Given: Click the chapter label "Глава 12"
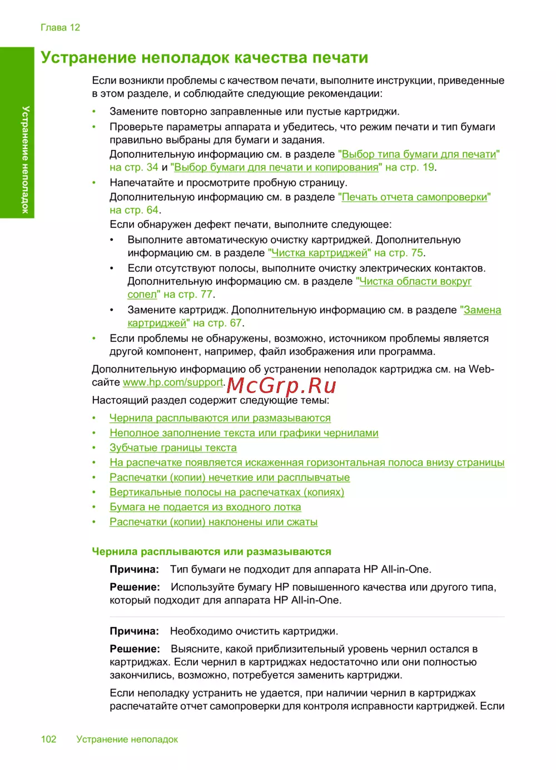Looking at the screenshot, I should coord(60,28).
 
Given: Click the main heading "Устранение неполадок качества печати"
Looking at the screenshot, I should coord(204,58).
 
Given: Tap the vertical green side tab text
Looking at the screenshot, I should coord(25,160).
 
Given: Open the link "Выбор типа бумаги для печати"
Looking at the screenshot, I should coord(419,154).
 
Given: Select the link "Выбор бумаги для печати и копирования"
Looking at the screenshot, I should coord(276,167).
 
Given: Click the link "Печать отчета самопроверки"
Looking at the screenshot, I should coord(414,197).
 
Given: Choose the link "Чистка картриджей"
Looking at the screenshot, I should coord(319,253).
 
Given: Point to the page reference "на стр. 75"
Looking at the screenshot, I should coord(399,253).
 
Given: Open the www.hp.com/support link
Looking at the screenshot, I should coord(173,382).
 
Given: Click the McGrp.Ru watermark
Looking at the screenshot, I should coord(281,385).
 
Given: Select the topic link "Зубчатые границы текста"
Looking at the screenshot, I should coord(173,448).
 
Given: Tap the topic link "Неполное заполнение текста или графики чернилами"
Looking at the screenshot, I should coord(244,433).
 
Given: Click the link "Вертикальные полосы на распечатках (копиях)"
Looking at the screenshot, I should coord(226,492).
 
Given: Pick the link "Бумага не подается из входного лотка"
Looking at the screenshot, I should coord(205,507).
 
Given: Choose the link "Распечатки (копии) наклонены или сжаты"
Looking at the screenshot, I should coord(213,522).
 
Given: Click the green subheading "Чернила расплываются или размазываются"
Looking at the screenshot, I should coord(211,552).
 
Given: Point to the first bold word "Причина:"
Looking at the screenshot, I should coord(134,569).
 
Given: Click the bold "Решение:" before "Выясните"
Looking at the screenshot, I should coord(135,649).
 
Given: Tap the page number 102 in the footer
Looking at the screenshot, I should coord(48,739).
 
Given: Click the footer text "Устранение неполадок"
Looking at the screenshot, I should coord(127,739).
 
